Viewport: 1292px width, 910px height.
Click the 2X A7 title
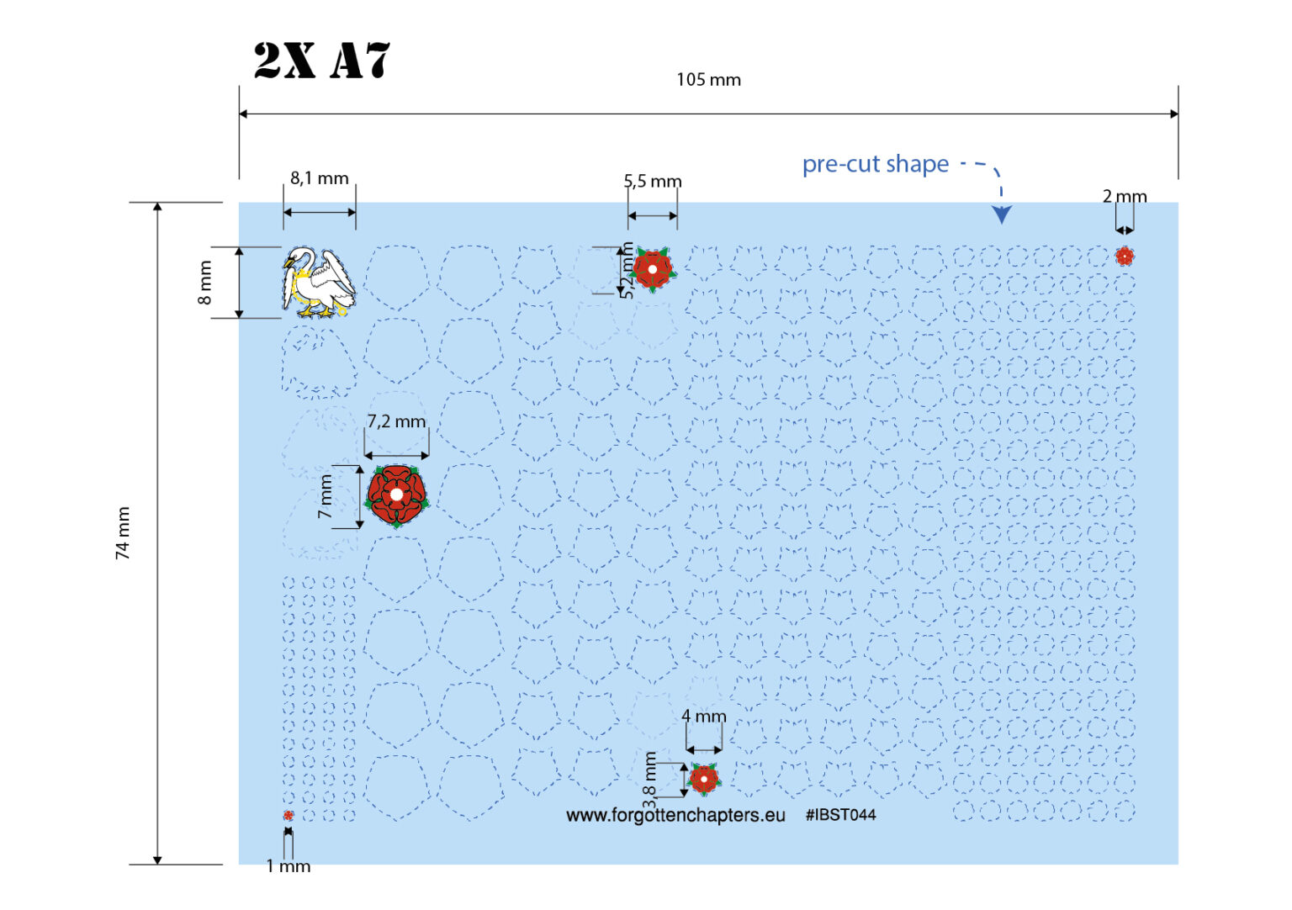(322, 61)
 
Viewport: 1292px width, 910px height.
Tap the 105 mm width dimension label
(708, 80)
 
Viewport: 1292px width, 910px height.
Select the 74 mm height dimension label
(123, 533)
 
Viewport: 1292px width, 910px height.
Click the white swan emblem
(319, 282)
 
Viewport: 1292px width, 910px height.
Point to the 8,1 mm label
(319, 178)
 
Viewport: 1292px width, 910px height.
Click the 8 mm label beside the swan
(204, 282)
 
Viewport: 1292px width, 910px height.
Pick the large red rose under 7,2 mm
(396, 495)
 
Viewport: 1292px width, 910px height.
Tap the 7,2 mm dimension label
(396, 421)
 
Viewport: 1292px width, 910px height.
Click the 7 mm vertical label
(326, 496)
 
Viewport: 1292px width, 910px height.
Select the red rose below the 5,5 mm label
(653, 269)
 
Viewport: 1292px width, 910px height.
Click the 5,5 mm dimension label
(653, 182)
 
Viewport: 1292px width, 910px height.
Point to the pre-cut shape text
(875, 164)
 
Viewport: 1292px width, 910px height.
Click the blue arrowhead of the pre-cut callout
(1002, 214)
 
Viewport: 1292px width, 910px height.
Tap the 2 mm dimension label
(1124, 197)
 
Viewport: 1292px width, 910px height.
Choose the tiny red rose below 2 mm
(1124, 256)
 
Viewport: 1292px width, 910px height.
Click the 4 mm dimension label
(704, 717)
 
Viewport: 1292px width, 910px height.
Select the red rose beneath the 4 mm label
(704, 779)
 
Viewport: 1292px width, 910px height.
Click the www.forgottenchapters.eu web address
(675, 816)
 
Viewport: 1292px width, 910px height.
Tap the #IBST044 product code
(840, 815)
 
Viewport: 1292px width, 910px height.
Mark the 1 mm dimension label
(288, 866)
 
